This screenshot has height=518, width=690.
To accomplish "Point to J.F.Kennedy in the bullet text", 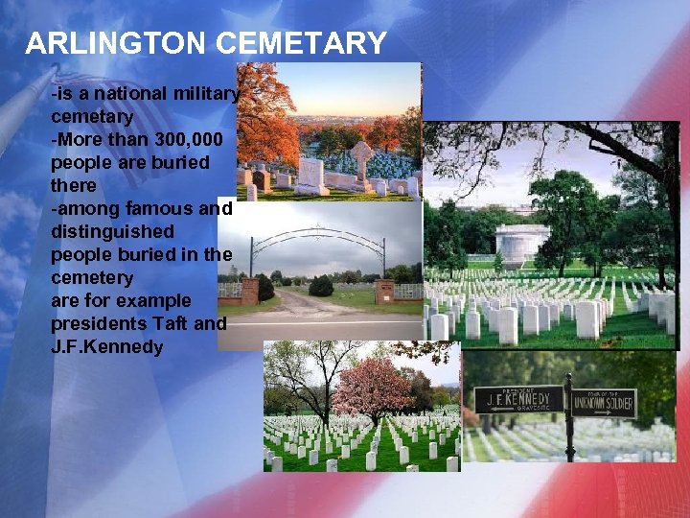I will pyautogui.click(x=106, y=346).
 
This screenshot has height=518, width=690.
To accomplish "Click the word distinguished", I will pyautogui.click(x=112, y=231).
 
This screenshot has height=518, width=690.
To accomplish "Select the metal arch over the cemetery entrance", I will pyautogui.click(x=317, y=234).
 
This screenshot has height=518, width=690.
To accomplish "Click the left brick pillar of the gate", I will pyautogui.click(x=249, y=290).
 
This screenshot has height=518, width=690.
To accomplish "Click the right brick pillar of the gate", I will pyautogui.click(x=384, y=291).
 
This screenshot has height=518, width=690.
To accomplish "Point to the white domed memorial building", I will pyautogui.click(x=522, y=244).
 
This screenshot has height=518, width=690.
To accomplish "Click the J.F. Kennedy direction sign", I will pyautogui.click(x=518, y=398).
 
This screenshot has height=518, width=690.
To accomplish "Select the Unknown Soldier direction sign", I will pyautogui.click(x=604, y=402).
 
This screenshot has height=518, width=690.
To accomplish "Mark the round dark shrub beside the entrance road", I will pyautogui.click(x=321, y=286).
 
